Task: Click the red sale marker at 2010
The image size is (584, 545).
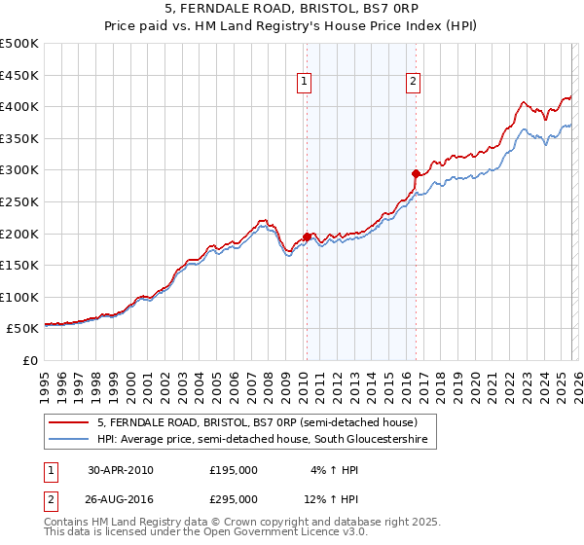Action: click(x=307, y=236)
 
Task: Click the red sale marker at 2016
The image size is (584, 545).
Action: click(x=416, y=173)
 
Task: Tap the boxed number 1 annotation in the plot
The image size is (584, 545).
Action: click(x=306, y=83)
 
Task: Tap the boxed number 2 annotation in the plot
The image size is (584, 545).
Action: click(x=414, y=83)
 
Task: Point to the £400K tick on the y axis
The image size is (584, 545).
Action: click(x=19, y=106)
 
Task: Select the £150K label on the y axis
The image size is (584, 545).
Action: click(x=19, y=265)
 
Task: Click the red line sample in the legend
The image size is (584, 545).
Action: click(x=70, y=422)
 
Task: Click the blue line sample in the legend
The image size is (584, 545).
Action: click(x=70, y=441)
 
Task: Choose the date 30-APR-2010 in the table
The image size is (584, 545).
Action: click(x=120, y=470)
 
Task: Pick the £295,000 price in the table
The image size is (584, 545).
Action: click(x=234, y=498)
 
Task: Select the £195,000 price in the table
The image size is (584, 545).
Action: click(x=234, y=470)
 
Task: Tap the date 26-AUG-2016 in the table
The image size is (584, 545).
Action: click(x=121, y=498)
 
